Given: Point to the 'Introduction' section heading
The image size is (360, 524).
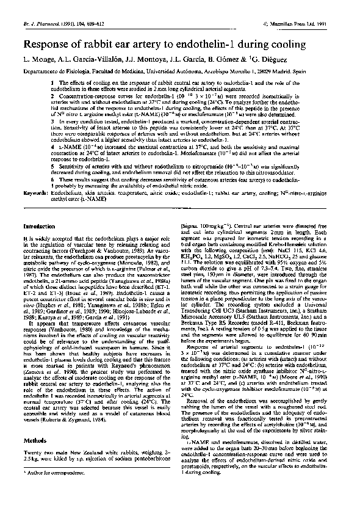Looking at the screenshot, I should (38, 226).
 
